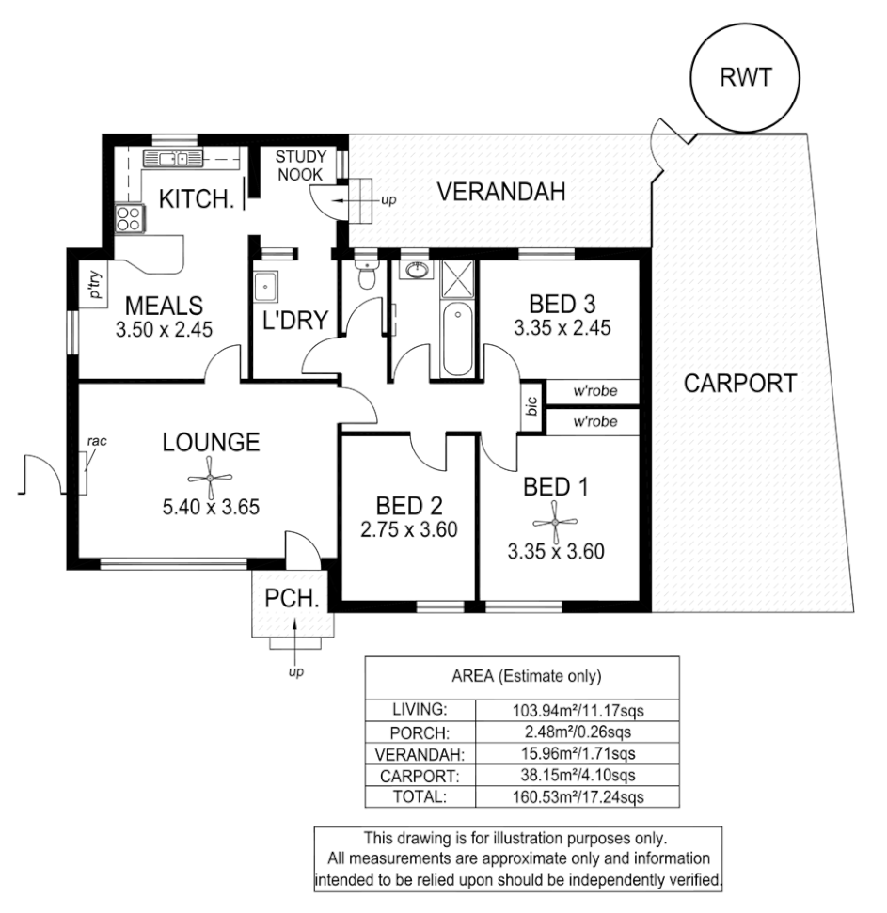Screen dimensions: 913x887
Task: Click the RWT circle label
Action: [745, 78]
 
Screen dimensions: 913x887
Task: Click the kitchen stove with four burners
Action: [128, 218]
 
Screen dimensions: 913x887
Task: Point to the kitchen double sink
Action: [171, 158]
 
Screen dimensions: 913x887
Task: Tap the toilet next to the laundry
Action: [366, 275]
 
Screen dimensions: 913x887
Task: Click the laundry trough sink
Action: [264, 282]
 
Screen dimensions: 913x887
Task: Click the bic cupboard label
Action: [531, 407]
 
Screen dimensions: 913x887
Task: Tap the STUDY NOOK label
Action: [301, 165]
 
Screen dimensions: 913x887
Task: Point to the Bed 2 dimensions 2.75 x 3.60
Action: [409, 528]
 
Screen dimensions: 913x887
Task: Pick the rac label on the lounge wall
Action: [95, 439]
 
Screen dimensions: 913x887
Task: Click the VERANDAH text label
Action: [502, 193]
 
